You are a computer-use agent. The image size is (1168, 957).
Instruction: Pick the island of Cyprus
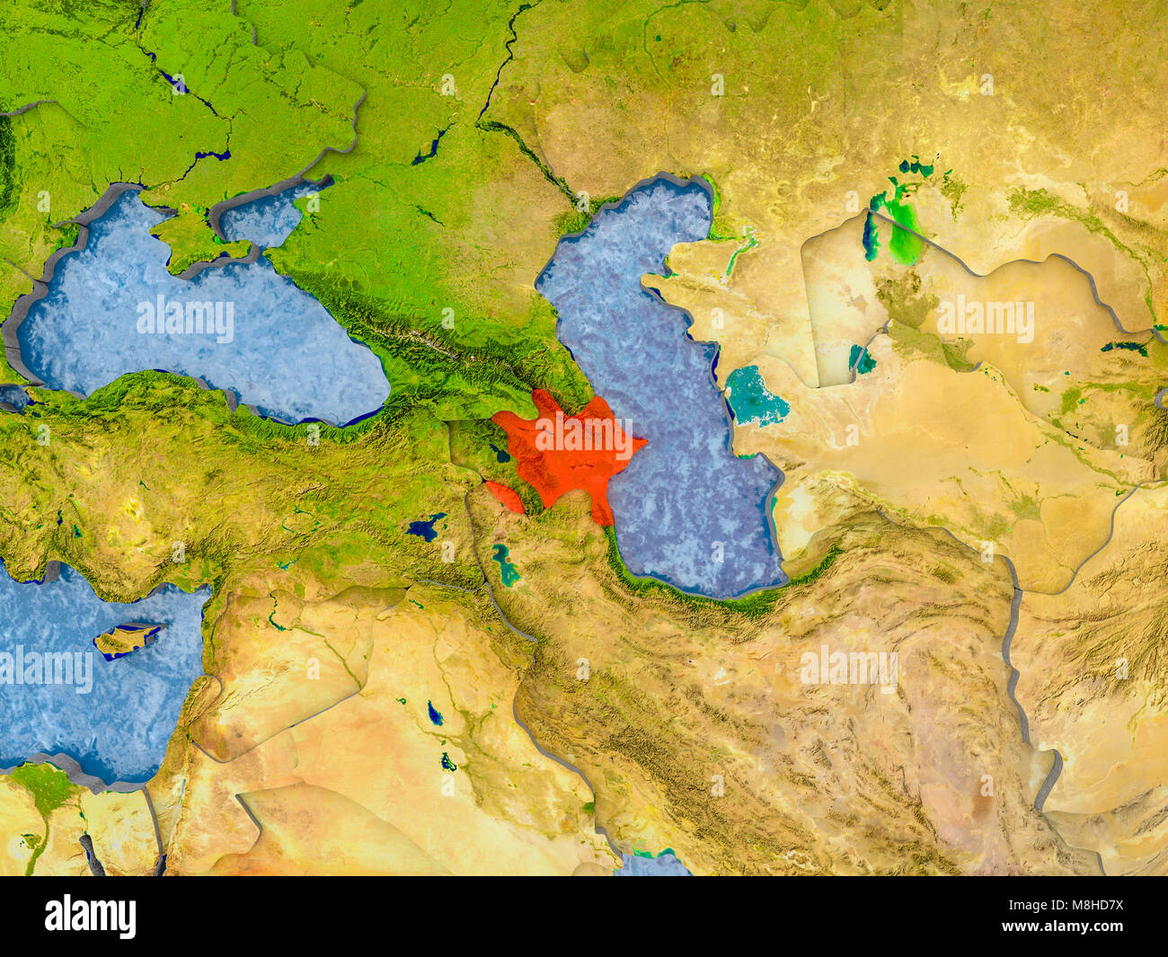tap(126, 639)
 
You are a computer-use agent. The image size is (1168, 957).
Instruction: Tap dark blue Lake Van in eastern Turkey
tap(425, 526)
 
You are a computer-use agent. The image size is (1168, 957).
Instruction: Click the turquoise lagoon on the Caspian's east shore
tap(755, 396)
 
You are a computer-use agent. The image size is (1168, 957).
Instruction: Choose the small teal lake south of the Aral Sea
tap(862, 359)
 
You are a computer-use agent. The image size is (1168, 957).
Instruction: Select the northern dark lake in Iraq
tap(435, 713)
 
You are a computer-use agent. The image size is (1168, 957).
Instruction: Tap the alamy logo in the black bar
tap(90, 917)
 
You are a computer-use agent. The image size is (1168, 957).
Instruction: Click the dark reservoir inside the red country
tap(500, 455)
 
